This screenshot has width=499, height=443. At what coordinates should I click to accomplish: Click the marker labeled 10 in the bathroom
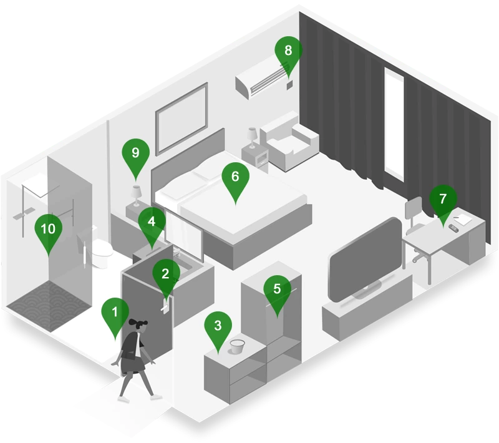pos(48,231)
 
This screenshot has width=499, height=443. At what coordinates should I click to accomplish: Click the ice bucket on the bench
pos(237,346)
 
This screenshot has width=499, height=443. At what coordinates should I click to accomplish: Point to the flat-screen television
pos(366,260)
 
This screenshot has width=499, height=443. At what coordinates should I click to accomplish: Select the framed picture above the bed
pos(182,119)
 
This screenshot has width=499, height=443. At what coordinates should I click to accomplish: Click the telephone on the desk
pos(453,228)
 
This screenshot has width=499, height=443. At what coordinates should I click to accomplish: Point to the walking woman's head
pos(138,326)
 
